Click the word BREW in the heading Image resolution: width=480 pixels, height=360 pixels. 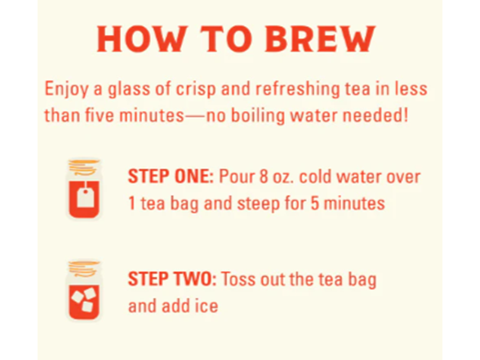pyautogui.click(x=320, y=39)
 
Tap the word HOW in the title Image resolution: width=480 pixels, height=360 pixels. pyautogui.click(x=141, y=39)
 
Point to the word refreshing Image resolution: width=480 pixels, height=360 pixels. pyautogui.click(x=297, y=90)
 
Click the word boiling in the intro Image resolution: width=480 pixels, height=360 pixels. pyautogui.click(x=257, y=116)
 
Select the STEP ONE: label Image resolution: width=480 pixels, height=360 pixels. pyautogui.click(x=171, y=176)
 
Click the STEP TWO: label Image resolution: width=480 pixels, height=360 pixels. pyautogui.click(x=172, y=279)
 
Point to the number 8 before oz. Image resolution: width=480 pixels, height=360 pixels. pyautogui.click(x=264, y=177)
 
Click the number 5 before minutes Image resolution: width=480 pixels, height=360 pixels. pyautogui.click(x=315, y=203)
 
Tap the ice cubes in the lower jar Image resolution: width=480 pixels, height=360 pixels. pyautogui.click(x=83, y=299)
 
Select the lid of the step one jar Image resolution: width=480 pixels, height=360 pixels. pyautogui.click(x=83, y=167)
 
